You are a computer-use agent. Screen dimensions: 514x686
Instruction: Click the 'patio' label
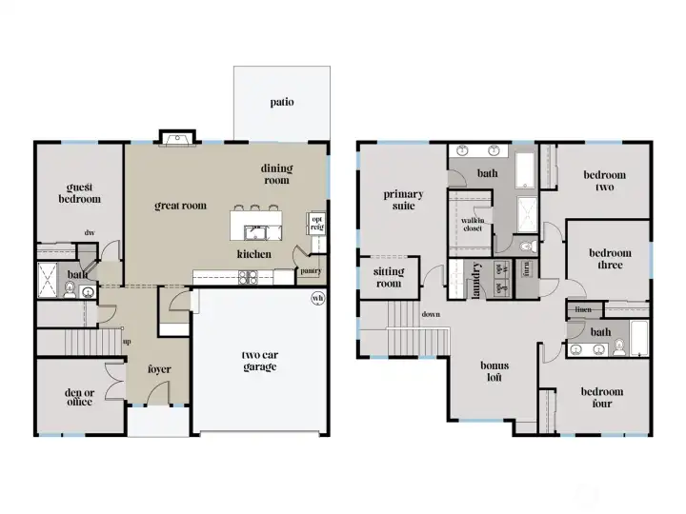pos(281,102)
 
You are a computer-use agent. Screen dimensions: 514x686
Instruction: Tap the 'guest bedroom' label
pos(83,193)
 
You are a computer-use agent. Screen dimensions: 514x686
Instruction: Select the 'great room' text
pos(181,205)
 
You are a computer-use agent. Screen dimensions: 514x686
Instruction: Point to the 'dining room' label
pos(276,174)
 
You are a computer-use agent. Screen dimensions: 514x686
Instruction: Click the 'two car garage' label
pos(259,361)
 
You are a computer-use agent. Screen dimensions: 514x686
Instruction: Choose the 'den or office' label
pos(79,396)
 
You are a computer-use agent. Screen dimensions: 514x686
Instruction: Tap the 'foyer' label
pos(159,369)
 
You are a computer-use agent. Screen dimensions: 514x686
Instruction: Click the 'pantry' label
pos(311,270)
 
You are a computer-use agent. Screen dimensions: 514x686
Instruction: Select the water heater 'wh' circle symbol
pos(317,298)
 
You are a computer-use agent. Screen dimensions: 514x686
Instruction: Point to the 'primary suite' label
pos(403,200)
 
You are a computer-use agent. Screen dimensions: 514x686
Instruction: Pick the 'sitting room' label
pos(388,277)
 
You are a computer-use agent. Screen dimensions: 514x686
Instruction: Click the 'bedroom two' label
pos(605,181)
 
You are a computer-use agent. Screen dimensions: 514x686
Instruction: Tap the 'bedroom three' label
pos(610,259)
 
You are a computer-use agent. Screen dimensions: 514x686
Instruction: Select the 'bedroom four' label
pos(603,397)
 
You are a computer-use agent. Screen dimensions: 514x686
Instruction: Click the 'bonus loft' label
pos(494,371)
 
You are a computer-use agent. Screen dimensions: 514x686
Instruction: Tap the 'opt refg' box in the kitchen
pos(316,222)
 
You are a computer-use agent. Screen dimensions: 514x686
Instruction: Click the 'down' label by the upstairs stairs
pos(431,314)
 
